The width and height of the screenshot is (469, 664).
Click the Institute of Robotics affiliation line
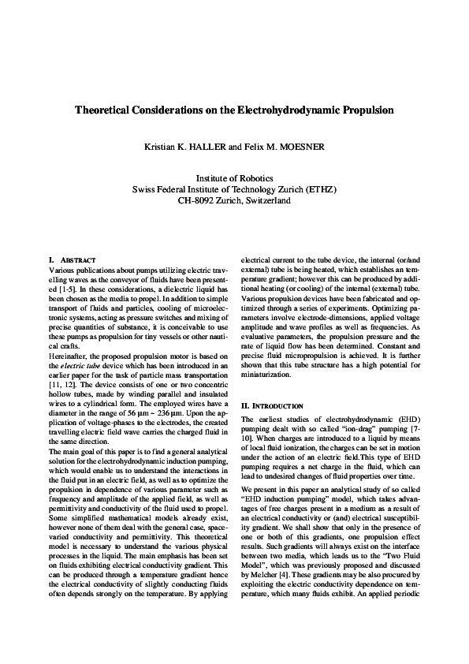point(234,179)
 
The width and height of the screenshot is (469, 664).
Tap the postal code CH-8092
point(198,201)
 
